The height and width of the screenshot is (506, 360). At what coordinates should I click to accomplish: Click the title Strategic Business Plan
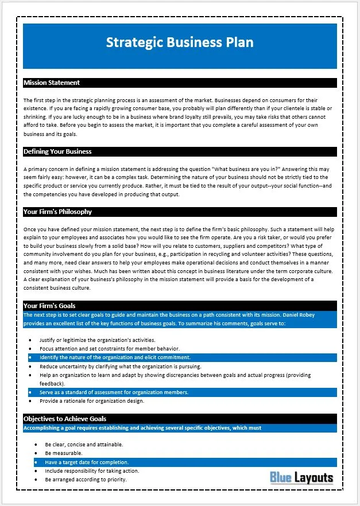click(x=180, y=43)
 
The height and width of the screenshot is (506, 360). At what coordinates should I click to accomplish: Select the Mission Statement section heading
click(x=52, y=83)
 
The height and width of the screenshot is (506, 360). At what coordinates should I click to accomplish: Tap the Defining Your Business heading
click(x=57, y=152)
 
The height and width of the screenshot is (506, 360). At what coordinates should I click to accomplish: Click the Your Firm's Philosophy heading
click(x=57, y=212)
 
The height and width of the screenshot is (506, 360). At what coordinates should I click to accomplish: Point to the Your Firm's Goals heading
click(x=49, y=306)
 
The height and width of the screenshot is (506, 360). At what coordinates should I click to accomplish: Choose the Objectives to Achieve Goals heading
click(x=65, y=419)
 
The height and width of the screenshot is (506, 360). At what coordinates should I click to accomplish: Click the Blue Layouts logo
click(x=301, y=477)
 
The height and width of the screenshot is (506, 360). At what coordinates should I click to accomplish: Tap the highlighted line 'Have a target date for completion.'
click(x=87, y=462)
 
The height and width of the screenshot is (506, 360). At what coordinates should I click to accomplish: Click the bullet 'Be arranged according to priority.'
click(x=86, y=480)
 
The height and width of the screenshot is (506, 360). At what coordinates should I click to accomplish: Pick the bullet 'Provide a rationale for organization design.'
click(x=92, y=401)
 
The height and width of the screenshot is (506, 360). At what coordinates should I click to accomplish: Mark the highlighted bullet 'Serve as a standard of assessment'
click(x=114, y=392)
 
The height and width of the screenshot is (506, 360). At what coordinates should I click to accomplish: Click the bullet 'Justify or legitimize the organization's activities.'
click(x=98, y=340)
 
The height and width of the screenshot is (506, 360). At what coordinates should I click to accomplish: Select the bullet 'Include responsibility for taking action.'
click(x=92, y=471)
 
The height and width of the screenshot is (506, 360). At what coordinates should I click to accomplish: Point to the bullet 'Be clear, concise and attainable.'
click(x=84, y=444)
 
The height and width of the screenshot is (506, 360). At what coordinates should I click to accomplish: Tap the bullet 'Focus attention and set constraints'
click(x=110, y=348)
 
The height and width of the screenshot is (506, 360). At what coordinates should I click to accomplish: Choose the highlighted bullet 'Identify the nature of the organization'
click(x=115, y=357)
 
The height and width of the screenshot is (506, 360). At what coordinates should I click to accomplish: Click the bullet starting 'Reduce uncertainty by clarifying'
click(x=120, y=366)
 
